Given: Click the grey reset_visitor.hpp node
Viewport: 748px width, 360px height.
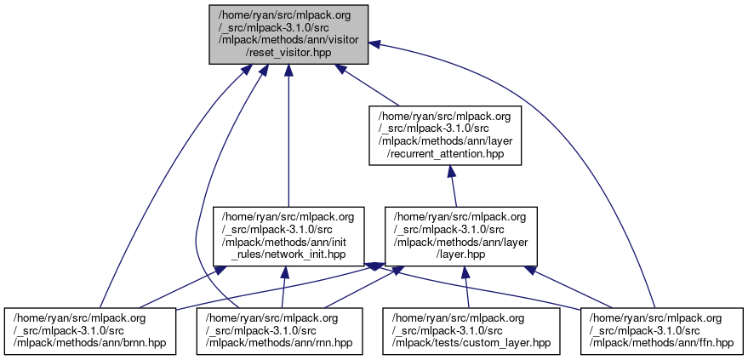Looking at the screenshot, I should [289, 33].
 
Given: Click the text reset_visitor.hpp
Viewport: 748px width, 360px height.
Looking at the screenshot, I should [289, 54].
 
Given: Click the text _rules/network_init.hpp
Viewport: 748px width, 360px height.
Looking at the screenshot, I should [289, 254].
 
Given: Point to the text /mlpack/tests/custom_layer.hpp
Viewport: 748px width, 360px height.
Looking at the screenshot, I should [471, 343].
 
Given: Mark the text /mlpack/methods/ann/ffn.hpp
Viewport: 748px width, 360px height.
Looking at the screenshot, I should [661, 343].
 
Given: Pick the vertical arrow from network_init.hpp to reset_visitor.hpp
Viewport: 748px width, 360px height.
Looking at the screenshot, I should [289, 136].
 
